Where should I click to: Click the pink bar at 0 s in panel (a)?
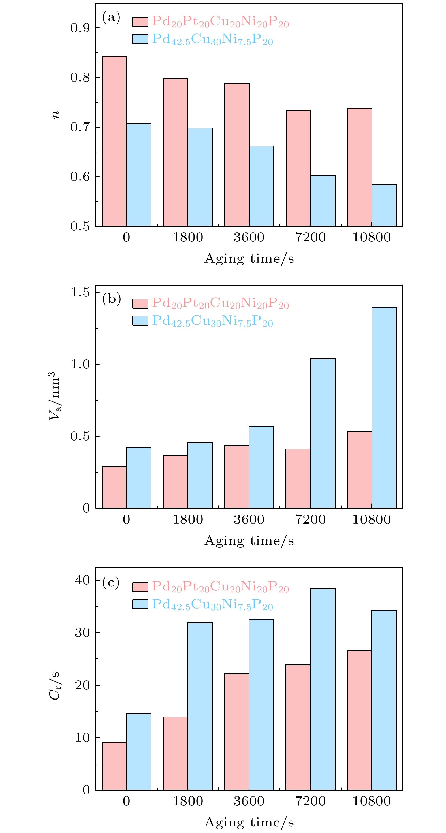click(114, 141)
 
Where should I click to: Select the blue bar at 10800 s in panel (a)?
click(384, 205)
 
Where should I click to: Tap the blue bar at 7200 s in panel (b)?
click(323, 433)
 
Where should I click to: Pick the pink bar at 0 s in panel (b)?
click(114, 487)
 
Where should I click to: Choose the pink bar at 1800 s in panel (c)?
click(176, 753)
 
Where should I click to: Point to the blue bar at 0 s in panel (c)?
click(139, 752)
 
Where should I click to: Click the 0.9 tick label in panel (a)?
click(80, 28)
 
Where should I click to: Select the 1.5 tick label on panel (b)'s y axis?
click(80, 292)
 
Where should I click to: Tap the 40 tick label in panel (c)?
click(82, 580)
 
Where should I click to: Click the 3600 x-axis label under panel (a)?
click(249, 237)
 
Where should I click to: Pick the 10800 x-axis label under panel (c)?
click(371, 801)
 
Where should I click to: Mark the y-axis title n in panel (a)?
click(56, 114)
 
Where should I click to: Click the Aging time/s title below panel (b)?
click(249, 540)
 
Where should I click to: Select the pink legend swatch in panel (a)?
click(140, 22)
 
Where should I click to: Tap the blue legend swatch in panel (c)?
click(140, 604)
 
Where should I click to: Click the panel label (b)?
click(111, 298)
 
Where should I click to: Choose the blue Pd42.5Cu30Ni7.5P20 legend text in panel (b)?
click(212, 321)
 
